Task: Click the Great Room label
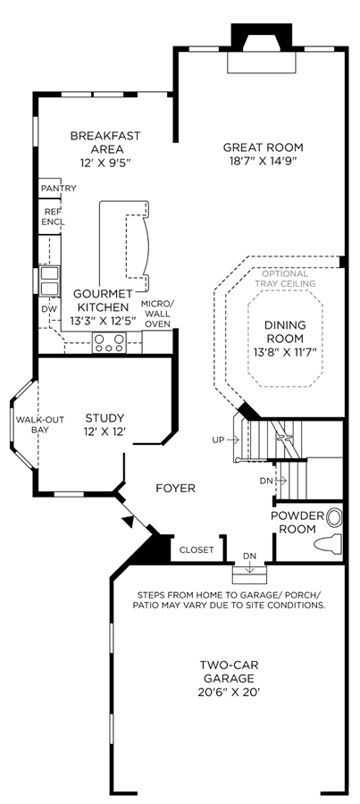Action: click(263, 147)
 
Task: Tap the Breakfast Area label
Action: click(105, 143)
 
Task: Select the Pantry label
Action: click(58, 188)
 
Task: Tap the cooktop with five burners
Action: click(109, 342)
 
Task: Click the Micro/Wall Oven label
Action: click(158, 314)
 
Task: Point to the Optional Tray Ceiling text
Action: click(285, 279)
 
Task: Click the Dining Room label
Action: click(285, 331)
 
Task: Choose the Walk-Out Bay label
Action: click(39, 424)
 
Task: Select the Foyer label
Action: click(175, 488)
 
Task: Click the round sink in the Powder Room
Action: click(334, 516)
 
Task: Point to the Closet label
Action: click(197, 550)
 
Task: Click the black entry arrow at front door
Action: click(129, 521)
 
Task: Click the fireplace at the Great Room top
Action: click(262, 47)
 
